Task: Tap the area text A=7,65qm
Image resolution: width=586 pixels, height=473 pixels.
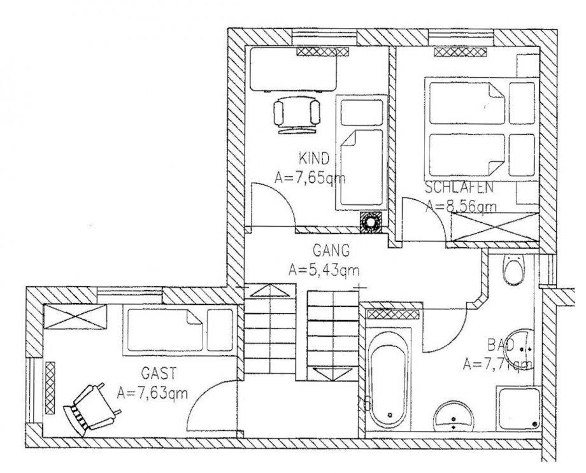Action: click(310, 178)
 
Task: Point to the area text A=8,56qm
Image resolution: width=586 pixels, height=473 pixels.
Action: click(461, 206)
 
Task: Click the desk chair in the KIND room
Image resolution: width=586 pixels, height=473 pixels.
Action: click(297, 114)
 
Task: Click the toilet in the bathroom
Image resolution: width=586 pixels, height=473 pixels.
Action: click(513, 271)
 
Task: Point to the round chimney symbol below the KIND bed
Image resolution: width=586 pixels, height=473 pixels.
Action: click(370, 222)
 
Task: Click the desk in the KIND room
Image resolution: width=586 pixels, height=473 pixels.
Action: click(293, 71)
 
